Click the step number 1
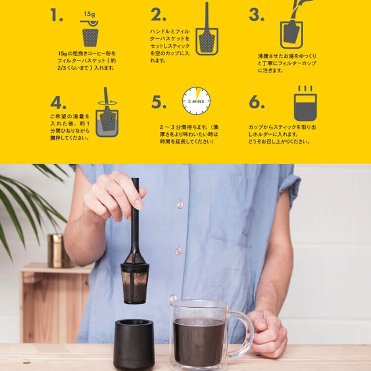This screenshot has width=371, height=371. point(56,15)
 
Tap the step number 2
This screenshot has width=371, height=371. point(158,15)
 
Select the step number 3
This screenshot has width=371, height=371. point(257,15)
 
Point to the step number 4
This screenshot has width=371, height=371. point(58,102)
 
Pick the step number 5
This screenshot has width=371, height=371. point(159,102)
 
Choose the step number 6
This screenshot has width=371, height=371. point(257,102)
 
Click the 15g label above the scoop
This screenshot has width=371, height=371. point(90,14)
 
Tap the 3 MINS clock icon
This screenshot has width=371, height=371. point(196,101)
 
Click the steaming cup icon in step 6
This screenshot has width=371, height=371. point(305,103)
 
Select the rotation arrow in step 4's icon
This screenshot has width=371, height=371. point(107,103)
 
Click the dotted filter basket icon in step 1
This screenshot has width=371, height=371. point(90,38)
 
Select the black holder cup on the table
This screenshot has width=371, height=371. point(134,345)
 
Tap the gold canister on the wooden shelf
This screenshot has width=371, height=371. point(58,251)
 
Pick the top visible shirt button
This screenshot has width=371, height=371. point(181,204)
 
